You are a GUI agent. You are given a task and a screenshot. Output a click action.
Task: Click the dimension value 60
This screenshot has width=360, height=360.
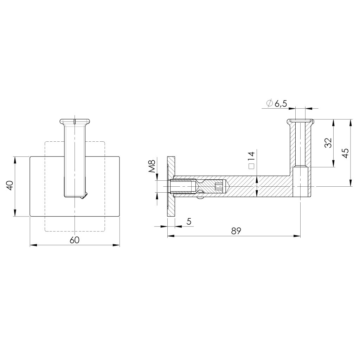point(75,240)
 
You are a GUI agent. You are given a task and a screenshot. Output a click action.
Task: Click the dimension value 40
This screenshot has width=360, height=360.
point(9,185)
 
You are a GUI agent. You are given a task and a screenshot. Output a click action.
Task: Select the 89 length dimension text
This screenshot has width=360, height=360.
point(236,231)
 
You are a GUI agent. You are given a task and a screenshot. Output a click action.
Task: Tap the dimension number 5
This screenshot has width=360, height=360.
point(189,221)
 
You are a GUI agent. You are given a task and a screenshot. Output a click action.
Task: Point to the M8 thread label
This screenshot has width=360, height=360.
point(152,166)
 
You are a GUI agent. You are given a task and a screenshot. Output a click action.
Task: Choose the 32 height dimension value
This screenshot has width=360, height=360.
point(329,143)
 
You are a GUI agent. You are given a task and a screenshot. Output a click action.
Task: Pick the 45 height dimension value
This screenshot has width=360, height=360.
point(345,153)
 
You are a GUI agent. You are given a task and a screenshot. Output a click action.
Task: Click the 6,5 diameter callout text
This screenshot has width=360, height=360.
point(281,104)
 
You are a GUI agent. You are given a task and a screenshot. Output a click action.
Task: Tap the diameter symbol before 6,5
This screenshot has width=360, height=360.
point(270,103)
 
